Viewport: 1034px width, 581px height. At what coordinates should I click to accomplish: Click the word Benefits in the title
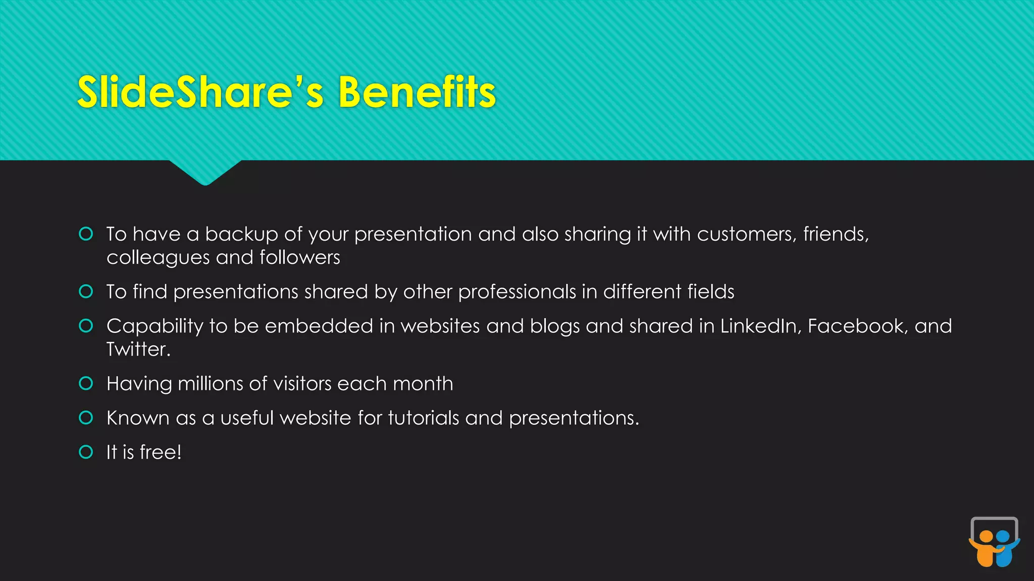[x=417, y=92]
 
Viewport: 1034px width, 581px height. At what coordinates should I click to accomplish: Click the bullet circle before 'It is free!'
[x=86, y=452]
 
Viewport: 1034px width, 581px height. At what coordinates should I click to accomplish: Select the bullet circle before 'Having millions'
[x=86, y=383]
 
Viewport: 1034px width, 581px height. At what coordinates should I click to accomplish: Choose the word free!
[x=160, y=452]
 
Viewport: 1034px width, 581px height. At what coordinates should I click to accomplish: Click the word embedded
[x=319, y=326]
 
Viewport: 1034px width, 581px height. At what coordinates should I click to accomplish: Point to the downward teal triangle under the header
[x=205, y=172]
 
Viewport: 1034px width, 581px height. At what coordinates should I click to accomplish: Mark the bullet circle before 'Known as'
[x=86, y=418]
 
